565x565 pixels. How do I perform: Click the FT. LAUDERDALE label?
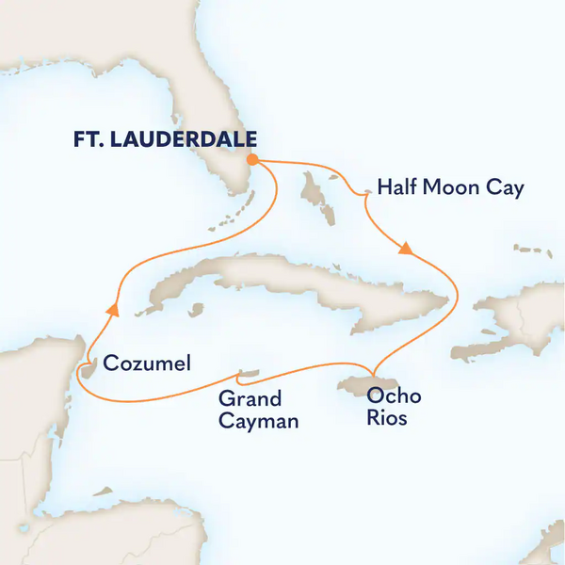(165, 138)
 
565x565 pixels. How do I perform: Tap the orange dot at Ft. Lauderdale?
(252, 160)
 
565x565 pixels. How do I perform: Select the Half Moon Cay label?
(450, 188)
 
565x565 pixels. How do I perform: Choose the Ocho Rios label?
(389, 406)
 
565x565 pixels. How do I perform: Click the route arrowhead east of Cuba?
(406, 250)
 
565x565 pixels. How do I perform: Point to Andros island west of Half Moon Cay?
(312, 188)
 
